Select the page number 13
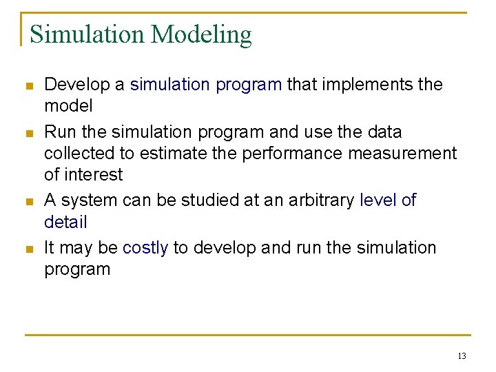coord(461,356)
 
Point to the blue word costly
coord(145,248)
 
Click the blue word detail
coord(65,223)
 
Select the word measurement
coord(402,153)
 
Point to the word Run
coord(57,132)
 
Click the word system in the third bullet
coord(90,201)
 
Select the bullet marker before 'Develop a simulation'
coord(28,86)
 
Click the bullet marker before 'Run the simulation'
coord(28,133)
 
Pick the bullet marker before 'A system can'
coord(28,202)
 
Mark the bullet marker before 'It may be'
coord(28,249)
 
